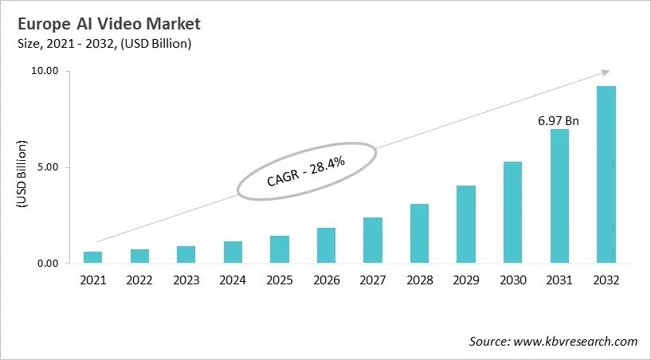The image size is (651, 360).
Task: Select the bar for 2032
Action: pyautogui.click(x=606, y=174)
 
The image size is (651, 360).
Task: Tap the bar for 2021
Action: pyautogui.click(x=93, y=257)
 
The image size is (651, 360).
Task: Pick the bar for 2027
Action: pyautogui.click(x=373, y=240)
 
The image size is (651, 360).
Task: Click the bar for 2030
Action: pyautogui.click(x=512, y=212)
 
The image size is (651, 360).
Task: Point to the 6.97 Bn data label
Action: pyautogui.click(x=559, y=121)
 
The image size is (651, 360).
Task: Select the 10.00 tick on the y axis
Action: pyautogui.click(x=45, y=71)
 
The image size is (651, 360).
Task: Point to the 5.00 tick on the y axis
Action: pyautogui.click(x=48, y=167)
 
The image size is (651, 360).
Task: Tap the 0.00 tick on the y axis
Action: pyautogui.click(x=48, y=264)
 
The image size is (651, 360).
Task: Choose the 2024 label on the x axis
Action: pyautogui.click(x=233, y=280)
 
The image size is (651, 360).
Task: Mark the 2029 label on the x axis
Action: pyautogui.click(x=466, y=280)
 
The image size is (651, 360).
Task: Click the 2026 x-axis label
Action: pyautogui.click(x=326, y=280)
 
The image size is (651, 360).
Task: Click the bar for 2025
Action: pyautogui.click(x=280, y=249)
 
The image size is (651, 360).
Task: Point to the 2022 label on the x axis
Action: pyautogui.click(x=139, y=280)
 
